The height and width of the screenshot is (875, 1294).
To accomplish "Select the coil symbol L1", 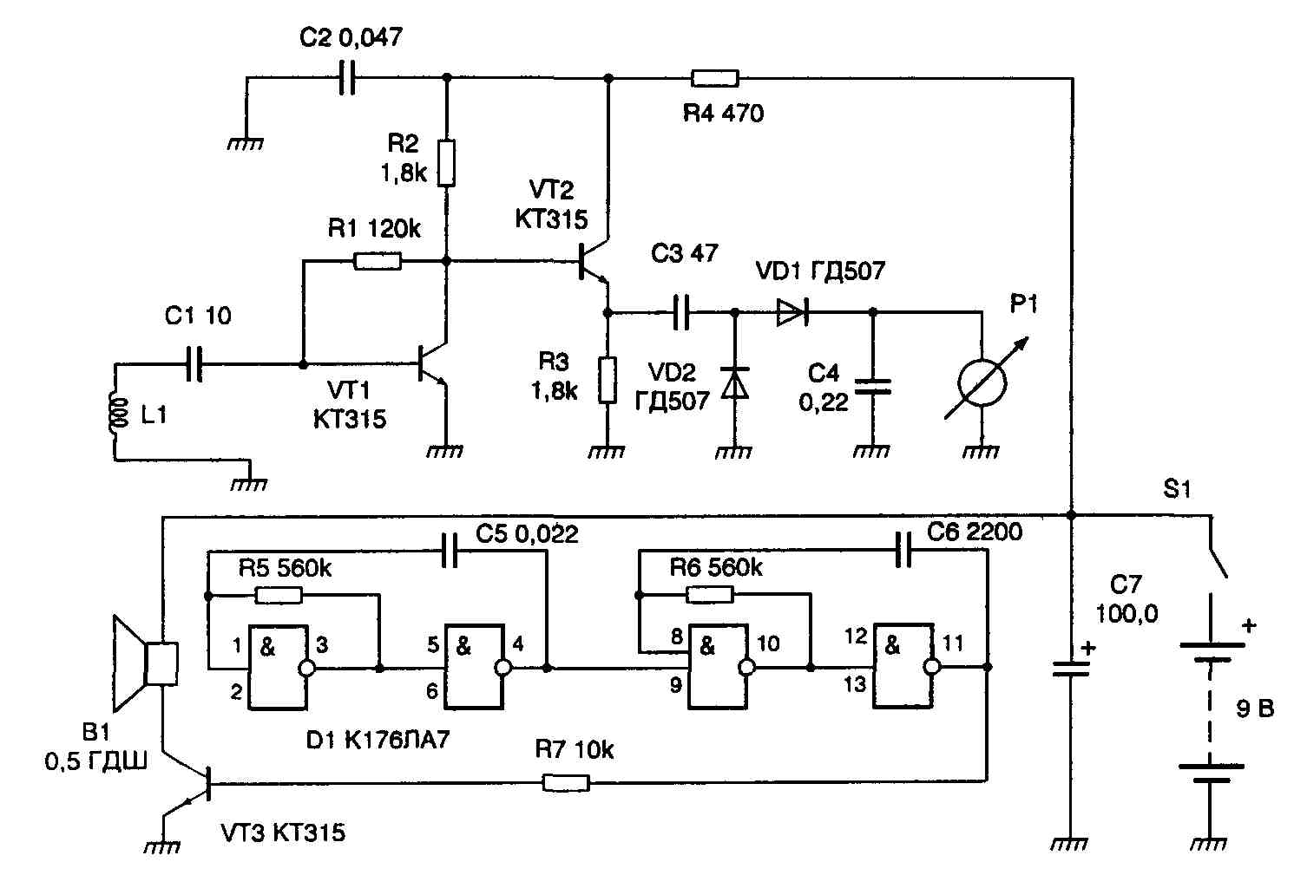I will (x=114, y=412).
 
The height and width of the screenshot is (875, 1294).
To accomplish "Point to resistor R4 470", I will (x=714, y=79).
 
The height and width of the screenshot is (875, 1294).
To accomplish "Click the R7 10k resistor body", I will (x=565, y=783).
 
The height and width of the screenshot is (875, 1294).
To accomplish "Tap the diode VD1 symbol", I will (x=791, y=312).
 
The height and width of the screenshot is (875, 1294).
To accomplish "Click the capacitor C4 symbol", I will (x=872, y=386).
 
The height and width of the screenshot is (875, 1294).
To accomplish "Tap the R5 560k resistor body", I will (x=279, y=595).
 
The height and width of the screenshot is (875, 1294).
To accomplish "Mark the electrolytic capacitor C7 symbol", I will (x=1070, y=667).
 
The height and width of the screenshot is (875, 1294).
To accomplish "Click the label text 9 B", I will (x=1254, y=709).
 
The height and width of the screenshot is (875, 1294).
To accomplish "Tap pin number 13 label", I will (x=855, y=684).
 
